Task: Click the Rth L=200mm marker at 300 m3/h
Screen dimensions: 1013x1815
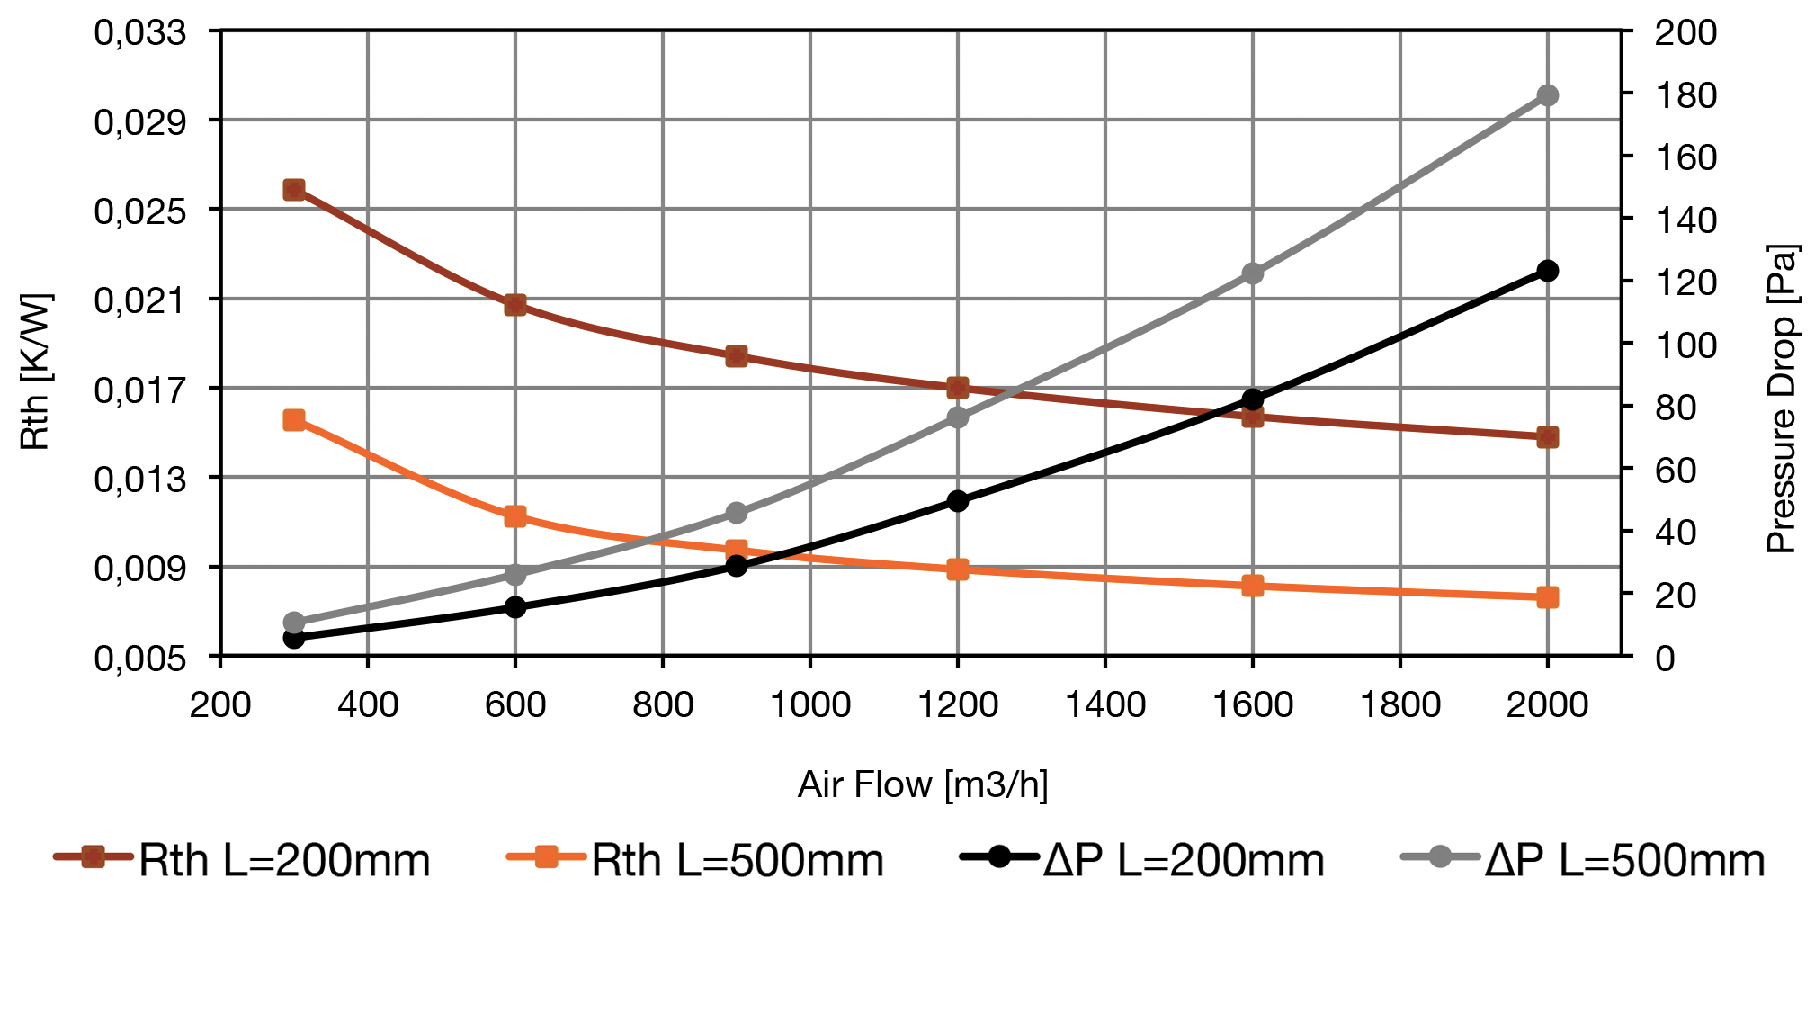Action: pyautogui.click(x=294, y=190)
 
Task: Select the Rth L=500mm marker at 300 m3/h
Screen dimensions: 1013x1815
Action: pyautogui.click(x=294, y=420)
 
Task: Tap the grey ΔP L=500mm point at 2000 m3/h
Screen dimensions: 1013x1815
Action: pyautogui.click(x=1547, y=95)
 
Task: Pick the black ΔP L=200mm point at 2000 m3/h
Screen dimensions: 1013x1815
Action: pyautogui.click(x=1547, y=271)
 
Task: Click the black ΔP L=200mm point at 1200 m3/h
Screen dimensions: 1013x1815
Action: pyautogui.click(x=958, y=501)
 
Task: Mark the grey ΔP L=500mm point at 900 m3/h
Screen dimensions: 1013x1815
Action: pyautogui.click(x=737, y=513)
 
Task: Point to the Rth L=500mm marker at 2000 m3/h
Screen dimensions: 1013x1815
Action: pyautogui.click(x=1547, y=597)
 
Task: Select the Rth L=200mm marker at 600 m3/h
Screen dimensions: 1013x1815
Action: pyautogui.click(x=515, y=305)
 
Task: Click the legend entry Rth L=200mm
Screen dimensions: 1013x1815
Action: pyautogui.click(x=243, y=860)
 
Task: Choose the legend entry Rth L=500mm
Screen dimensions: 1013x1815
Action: pyautogui.click(x=696, y=860)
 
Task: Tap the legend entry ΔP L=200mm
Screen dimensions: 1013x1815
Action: pyautogui.click(x=1142, y=860)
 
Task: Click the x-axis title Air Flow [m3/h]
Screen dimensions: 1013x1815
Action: pyautogui.click(x=923, y=784)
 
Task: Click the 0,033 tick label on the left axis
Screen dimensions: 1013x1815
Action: pyautogui.click(x=140, y=32)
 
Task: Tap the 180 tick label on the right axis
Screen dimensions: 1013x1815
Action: pyautogui.click(x=1685, y=95)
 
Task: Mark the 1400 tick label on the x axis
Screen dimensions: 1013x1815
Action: pyautogui.click(x=1105, y=704)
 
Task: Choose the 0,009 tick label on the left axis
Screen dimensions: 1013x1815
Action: pyautogui.click(x=140, y=569)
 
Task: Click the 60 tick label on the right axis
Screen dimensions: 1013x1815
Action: pyautogui.click(x=1676, y=471)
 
